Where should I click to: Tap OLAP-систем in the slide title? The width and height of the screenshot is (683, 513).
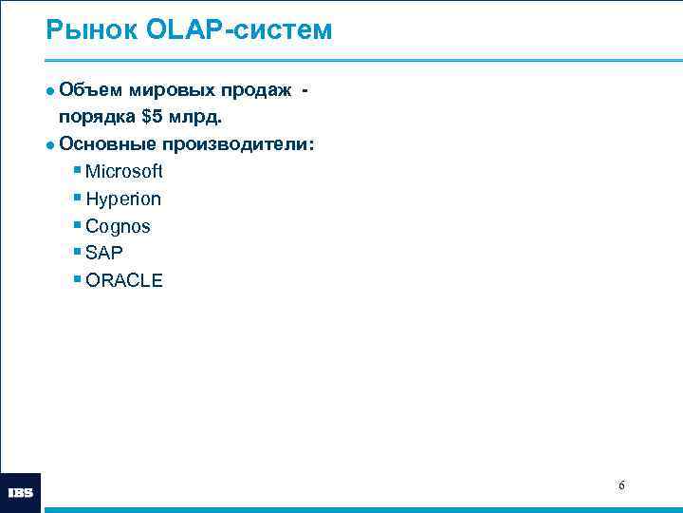pyautogui.click(x=239, y=30)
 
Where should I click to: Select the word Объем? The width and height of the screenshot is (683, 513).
pyautogui.click(x=88, y=90)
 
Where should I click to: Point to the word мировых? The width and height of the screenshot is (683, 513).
pyautogui.click(x=169, y=90)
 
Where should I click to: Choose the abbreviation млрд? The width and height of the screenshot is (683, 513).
pyautogui.click(x=199, y=118)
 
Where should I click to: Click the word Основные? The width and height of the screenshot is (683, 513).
pyautogui.click(x=105, y=144)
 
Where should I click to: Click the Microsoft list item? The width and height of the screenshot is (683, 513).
pyautogui.click(x=123, y=172)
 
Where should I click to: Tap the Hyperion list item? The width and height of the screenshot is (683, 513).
pyautogui.click(x=122, y=199)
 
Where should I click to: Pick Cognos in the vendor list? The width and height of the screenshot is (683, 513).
pyautogui.click(x=118, y=226)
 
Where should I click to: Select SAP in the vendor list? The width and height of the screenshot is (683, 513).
pyautogui.click(x=104, y=253)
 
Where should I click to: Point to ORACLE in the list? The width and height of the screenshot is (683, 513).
pyautogui.click(x=123, y=280)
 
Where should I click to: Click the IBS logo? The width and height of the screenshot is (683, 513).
pyautogui.click(x=21, y=493)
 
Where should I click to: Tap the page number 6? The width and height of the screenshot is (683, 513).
pyautogui.click(x=621, y=485)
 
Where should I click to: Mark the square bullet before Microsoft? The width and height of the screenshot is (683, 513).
pyautogui.click(x=77, y=171)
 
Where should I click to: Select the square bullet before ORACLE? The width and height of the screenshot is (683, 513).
pyautogui.click(x=77, y=279)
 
